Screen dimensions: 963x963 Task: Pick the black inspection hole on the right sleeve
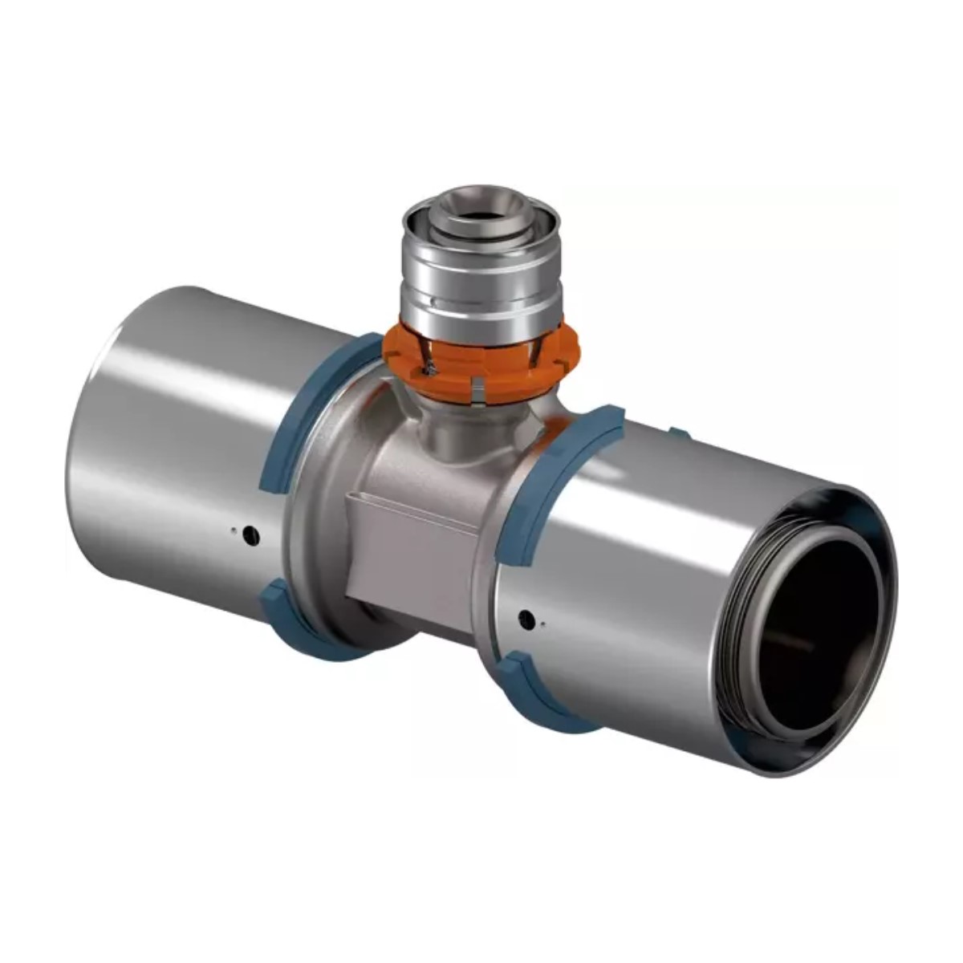[x=526, y=618]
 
